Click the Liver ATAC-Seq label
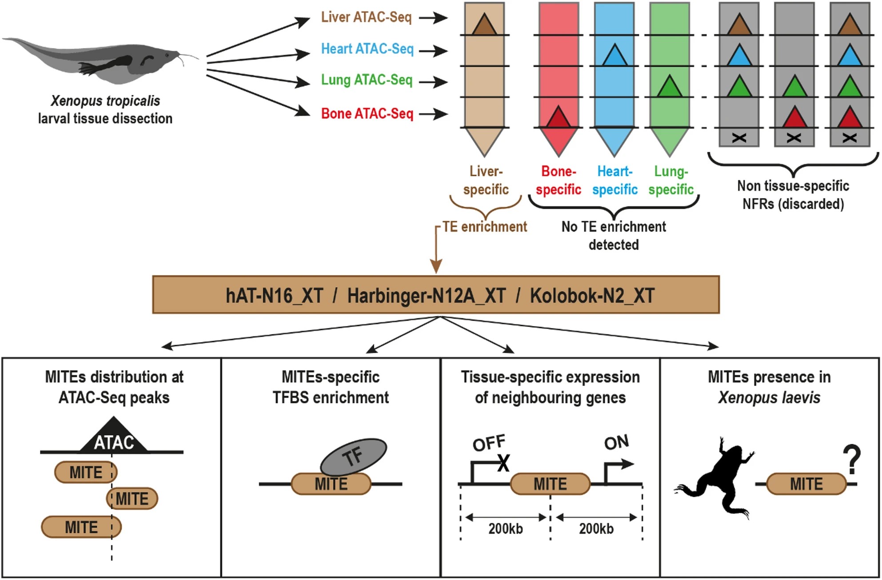pos(367,17)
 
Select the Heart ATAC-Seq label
pos(367,48)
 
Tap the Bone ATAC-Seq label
pos(367,114)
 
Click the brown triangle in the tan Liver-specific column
pos(484,25)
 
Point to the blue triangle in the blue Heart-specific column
pos(614,56)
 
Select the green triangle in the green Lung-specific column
pos(669,87)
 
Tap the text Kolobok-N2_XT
pos(592,296)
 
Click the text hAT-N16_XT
pos(274,296)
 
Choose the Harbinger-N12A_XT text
pos(426,296)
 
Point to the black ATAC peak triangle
pos(114,438)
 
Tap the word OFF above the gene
pos(489,443)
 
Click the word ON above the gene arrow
pos(616,443)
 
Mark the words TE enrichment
pos(484,227)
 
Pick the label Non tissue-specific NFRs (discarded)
pos(793,195)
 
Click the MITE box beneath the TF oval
pos(331,484)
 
